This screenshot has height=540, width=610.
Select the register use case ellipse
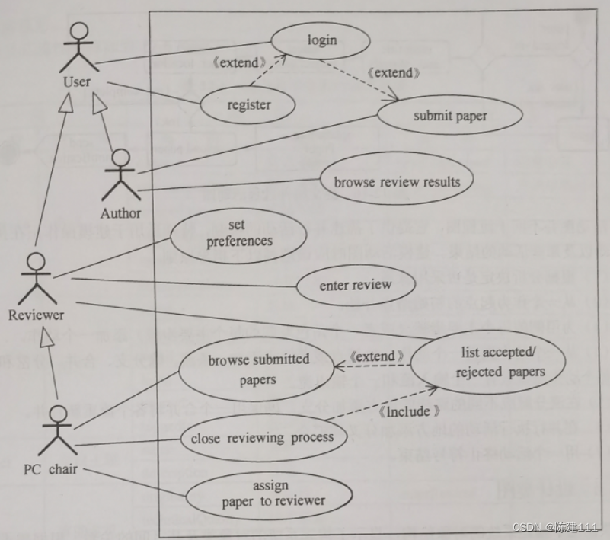[x=249, y=105]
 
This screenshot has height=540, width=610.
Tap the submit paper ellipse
[x=450, y=117]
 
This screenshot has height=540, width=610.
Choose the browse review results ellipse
[x=396, y=182]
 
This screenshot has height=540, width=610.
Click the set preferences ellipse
[x=239, y=235]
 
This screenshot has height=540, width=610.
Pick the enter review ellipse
[x=356, y=286]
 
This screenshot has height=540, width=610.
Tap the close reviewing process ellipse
[x=261, y=438]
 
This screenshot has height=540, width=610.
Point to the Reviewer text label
[x=37, y=314]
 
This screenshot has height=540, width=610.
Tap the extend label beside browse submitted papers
[x=376, y=356]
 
